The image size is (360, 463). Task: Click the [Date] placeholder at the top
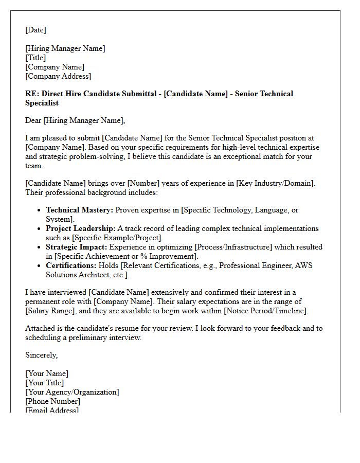(35, 30)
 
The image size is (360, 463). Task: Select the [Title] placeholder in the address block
(35, 58)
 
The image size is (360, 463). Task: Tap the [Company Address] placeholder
(58, 76)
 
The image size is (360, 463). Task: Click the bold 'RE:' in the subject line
(32, 94)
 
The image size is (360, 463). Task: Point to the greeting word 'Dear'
(33, 120)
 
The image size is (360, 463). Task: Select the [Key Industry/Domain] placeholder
(276, 183)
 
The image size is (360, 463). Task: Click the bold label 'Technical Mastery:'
(79, 210)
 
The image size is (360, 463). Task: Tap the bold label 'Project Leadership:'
(80, 228)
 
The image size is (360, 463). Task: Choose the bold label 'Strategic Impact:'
(77, 247)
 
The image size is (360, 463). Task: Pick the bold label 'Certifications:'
(71, 265)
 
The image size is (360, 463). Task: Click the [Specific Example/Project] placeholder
(117, 238)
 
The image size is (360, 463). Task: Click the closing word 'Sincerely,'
(41, 355)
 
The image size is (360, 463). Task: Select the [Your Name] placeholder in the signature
(47, 373)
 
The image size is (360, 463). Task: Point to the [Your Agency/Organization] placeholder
(72, 392)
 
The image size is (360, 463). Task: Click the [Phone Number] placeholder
(52, 401)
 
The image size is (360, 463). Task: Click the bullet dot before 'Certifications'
(40, 266)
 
